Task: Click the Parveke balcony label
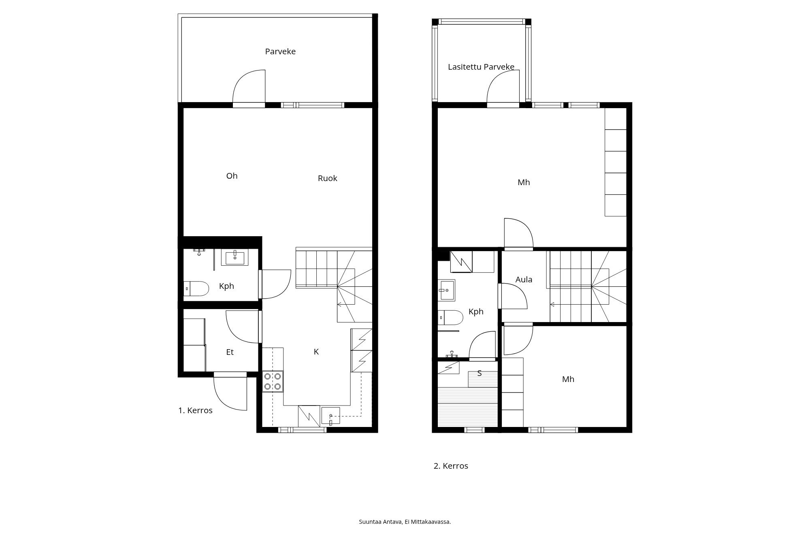pyautogui.click(x=280, y=51)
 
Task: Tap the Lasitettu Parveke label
pyautogui.click(x=481, y=67)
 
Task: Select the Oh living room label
pyautogui.click(x=232, y=176)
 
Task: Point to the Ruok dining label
pyautogui.click(x=327, y=178)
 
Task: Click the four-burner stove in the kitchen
pyautogui.click(x=273, y=382)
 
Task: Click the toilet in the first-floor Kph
pyautogui.click(x=197, y=289)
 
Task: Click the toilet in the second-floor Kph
pyautogui.click(x=451, y=318)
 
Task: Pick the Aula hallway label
pyautogui.click(x=524, y=280)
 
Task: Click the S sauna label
pyautogui.click(x=480, y=374)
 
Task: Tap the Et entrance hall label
pyautogui.click(x=230, y=352)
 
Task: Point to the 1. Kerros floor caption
pyautogui.click(x=195, y=410)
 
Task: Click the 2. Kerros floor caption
pyautogui.click(x=451, y=466)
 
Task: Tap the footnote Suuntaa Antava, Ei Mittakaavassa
pyautogui.click(x=405, y=522)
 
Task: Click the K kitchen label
pyautogui.click(x=316, y=352)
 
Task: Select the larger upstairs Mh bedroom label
pyautogui.click(x=524, y=183)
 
